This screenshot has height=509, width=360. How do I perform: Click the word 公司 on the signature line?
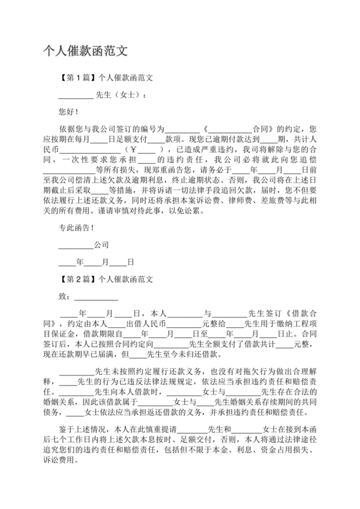pos(101,245)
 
